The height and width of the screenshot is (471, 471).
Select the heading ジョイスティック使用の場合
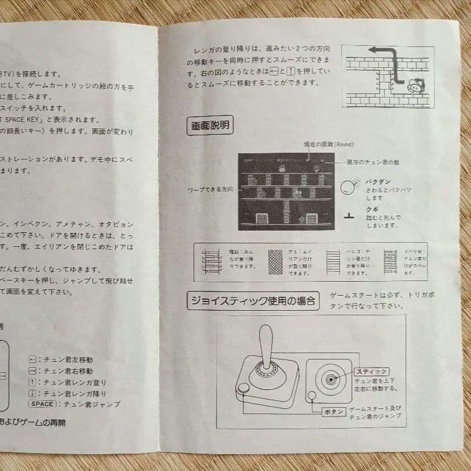point(253,301)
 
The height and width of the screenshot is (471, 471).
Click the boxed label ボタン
point(333,411)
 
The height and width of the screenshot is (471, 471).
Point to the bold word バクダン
point(377,182)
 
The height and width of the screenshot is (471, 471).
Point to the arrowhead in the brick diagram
point(373,50)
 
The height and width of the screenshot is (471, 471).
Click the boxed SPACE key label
point(41,404)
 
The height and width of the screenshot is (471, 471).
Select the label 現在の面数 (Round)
point(329,145)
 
